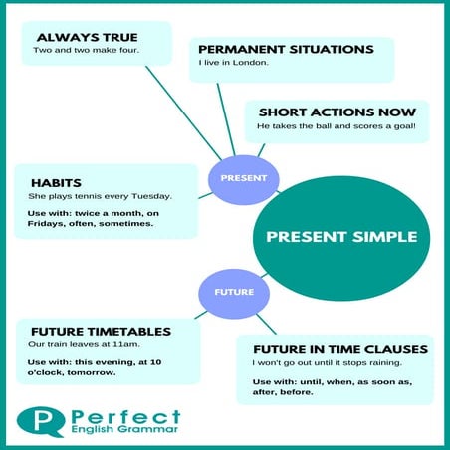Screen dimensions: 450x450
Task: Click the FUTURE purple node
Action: pos(233,292)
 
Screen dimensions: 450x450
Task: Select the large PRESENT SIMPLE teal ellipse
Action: pos(340,237)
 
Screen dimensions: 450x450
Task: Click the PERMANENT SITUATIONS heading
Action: pos(286,49)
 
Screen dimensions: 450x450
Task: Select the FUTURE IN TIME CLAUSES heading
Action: pos(339,349)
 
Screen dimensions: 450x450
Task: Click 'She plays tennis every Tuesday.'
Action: pos(100,196)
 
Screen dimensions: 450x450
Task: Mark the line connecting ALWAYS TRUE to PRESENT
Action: pos(159,110)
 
